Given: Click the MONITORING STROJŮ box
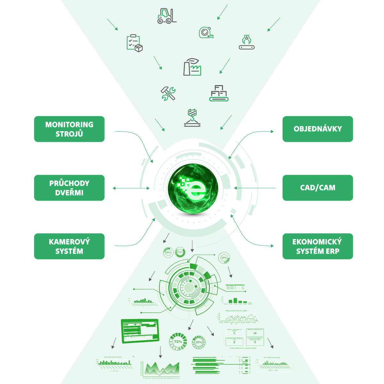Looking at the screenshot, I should pyautogui.click(x=69, y=129).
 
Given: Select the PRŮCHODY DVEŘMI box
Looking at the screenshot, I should pyautogui.click(x=69, y=188).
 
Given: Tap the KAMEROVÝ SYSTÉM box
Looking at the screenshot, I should pyautogui.click(x=69, y=246).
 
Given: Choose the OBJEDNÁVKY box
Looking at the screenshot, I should pyautogui.click(x=317, y=129).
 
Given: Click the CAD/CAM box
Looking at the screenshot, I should pyautogui.click(x=317, y=188).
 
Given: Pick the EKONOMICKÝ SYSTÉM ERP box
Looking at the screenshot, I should pyautogui.click(x=317, y=246).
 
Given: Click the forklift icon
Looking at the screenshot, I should pyautogui.click(x=167, y=16).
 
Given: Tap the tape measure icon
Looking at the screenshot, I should pyautogui.click(x=206, y=33).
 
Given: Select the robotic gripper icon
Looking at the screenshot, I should pyautogui.click(x=247, y=42).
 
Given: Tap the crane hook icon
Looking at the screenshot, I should pyautogui.click(x=192, y=118).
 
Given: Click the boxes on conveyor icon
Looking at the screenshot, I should pyautogui.click(x=219, y=93).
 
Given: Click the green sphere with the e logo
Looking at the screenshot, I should pyautogui.click(x=193, y=189).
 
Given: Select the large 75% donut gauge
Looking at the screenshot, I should pyautogui.click(x=178, y=342).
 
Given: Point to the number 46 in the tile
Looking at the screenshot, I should pyautogui.click(x=255, y=333).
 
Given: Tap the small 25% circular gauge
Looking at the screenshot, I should pyautogui.click(x=224, y=258).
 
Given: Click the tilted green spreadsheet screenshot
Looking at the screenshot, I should pyautogui.click(x=140, y=331).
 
